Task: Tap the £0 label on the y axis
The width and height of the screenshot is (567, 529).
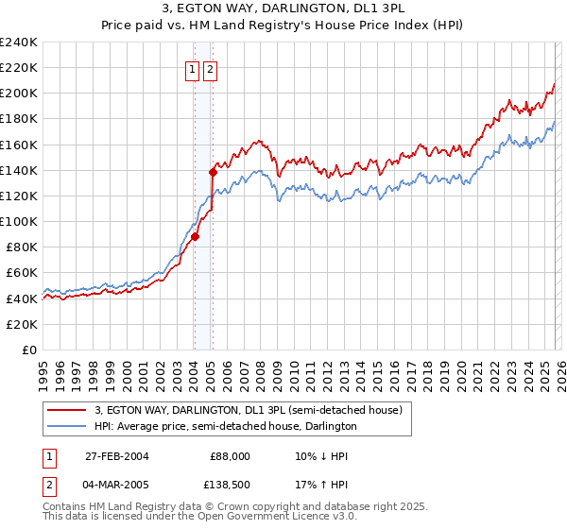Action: point(30,350)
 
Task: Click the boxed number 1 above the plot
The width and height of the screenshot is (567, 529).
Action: point(193,69)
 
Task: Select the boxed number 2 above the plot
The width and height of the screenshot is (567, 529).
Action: point(209,69)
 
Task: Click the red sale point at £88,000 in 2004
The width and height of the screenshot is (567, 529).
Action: point(196,237)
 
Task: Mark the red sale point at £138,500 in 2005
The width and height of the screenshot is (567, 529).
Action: point(213,172)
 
